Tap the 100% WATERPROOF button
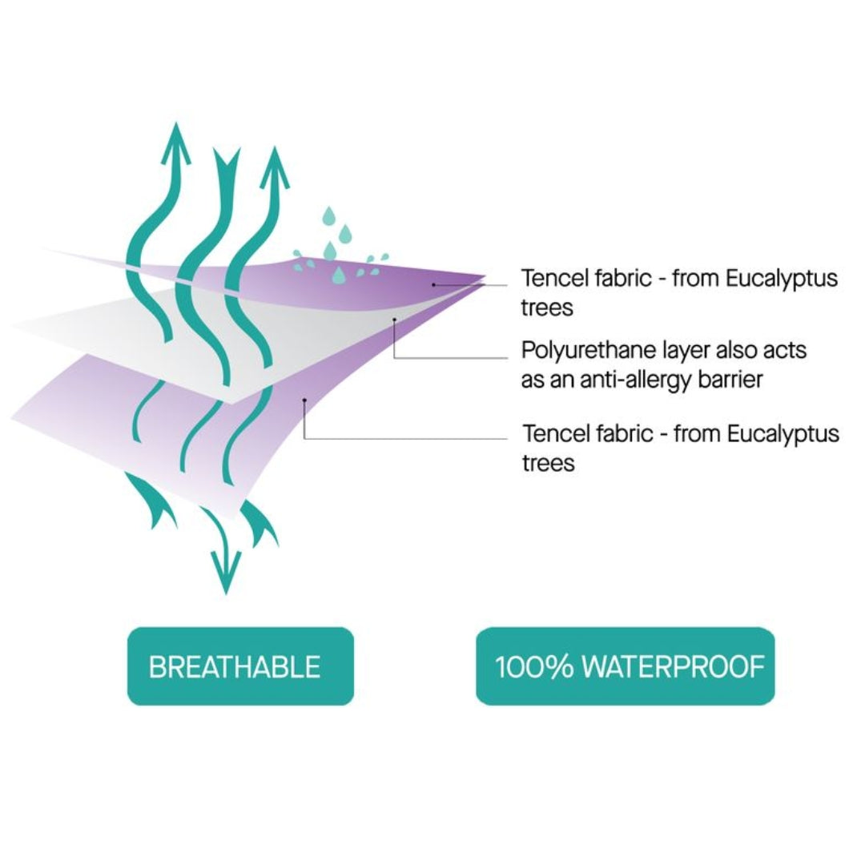(626, 666)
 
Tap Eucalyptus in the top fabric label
(782, 280)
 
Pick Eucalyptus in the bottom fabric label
(783, 435)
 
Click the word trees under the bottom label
(549, 463)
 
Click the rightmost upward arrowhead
(273, 166)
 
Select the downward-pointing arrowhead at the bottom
(225, 573)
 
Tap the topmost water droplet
(328, 216)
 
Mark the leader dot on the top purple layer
(433, 284)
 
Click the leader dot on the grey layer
(395, 320)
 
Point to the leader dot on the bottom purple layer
(304, 399)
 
